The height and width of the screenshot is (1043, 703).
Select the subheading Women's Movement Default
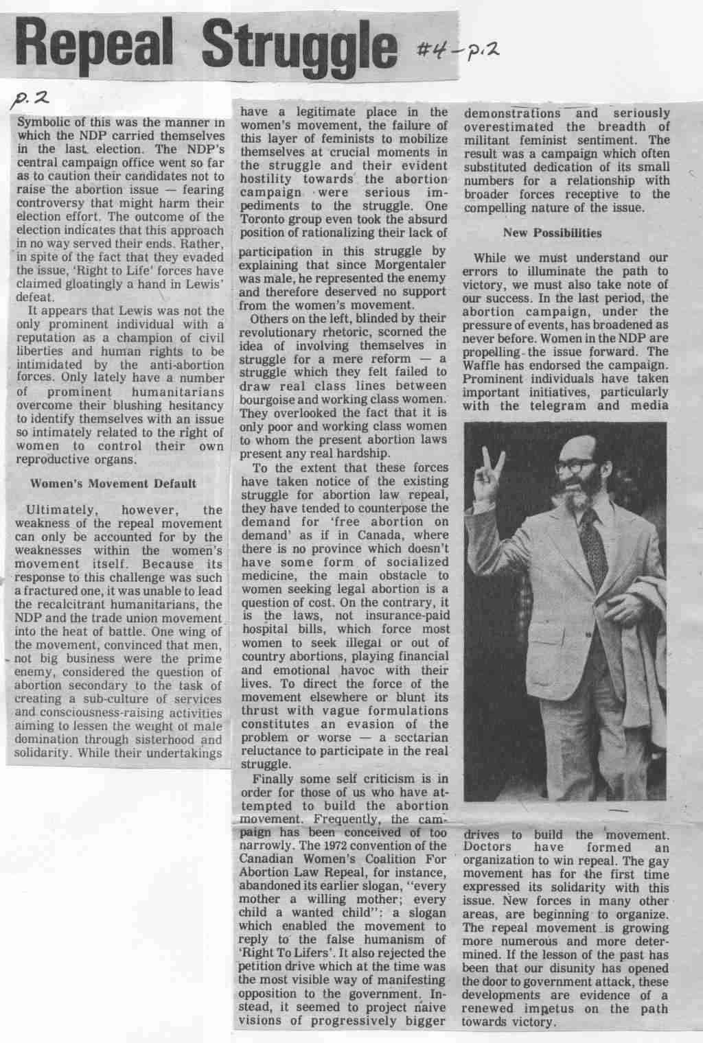(x=113, y=483)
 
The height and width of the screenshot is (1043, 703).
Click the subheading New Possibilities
(x=552, y=233)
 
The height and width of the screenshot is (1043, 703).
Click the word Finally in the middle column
(x=275, y=779)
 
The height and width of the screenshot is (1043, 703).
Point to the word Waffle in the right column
(x=482, y=364)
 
